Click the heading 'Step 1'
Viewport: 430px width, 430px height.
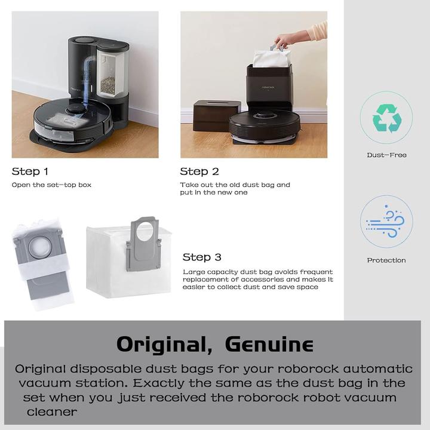pyautogui.click(x=30, y=171)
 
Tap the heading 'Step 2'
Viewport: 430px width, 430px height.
pyautogui.click(x=199, y=171)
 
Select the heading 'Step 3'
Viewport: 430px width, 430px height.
pyautogui.click(x=202, y=257)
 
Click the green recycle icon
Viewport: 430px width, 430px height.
pyautogui.click(x=386, y=118)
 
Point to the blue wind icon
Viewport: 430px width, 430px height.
pyautogui.click(x=386, y=222)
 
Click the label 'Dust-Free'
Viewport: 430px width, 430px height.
pyautogui.click(x=386, y=155)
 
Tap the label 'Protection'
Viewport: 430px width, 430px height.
pyautogui.click(x=386, y=260)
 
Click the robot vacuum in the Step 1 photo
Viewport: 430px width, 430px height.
pyautogui.click(x=72, y=119)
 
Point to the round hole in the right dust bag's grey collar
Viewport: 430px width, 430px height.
pyautogui.click(x=143, y=230)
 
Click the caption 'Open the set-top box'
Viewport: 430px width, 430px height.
pyautogui.click(x=51, y=185)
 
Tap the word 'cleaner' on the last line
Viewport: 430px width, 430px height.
pyautogui.click(x=51, y=412)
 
